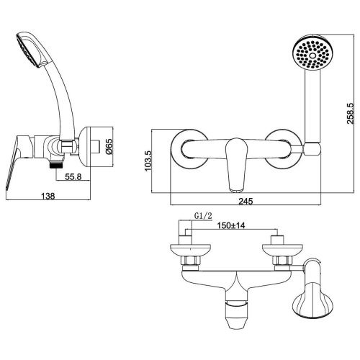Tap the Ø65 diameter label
tap(109, 148)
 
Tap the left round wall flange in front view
tap(186, 148)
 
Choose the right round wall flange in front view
tap(282, 148)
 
